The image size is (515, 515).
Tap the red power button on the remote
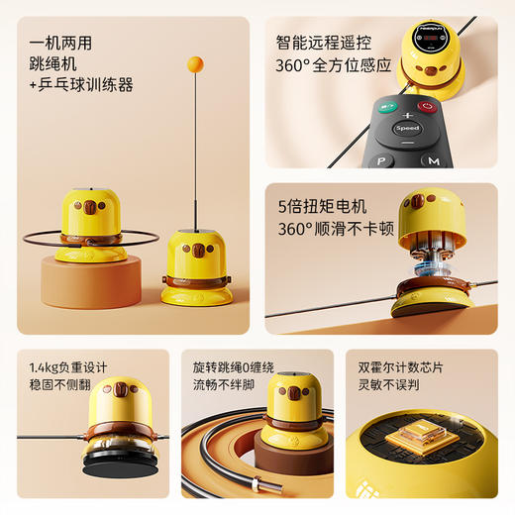coord(427,107)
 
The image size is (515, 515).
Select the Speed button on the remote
coord(407,128)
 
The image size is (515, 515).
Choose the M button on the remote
coord(433,160)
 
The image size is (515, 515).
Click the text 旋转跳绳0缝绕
coord(238,366)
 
